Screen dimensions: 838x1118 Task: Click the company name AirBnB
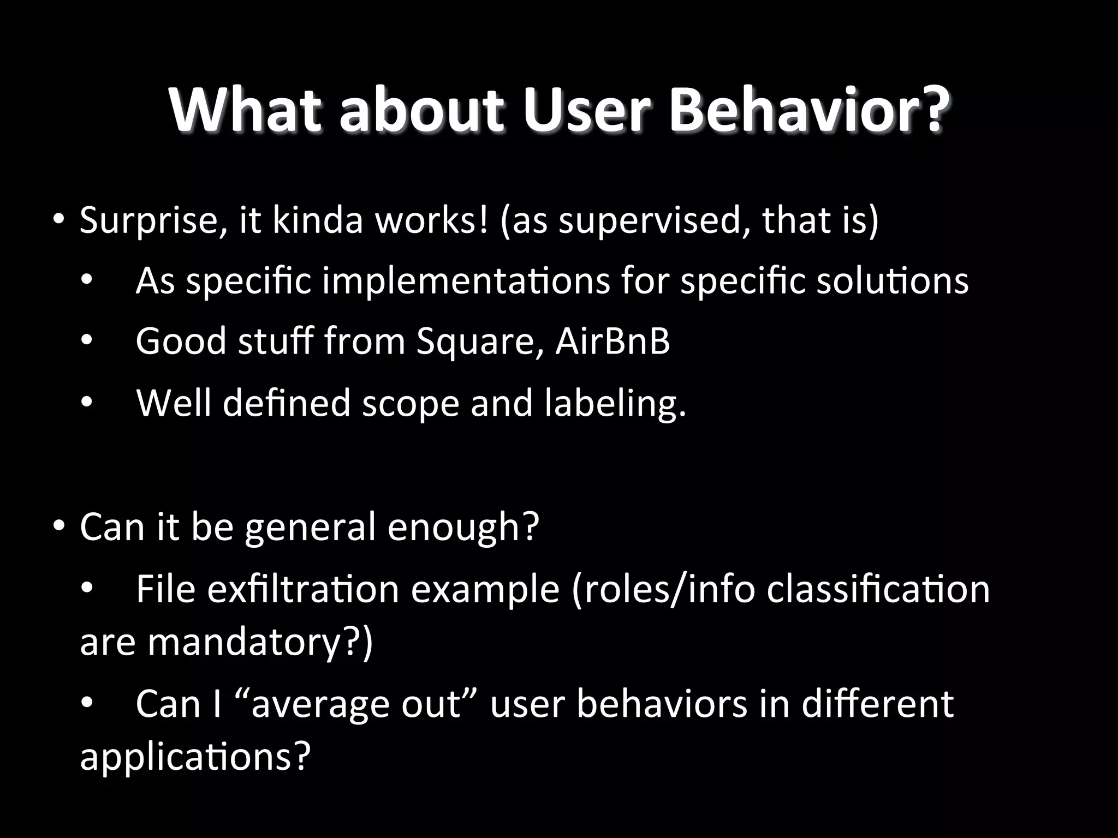(612, 341)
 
